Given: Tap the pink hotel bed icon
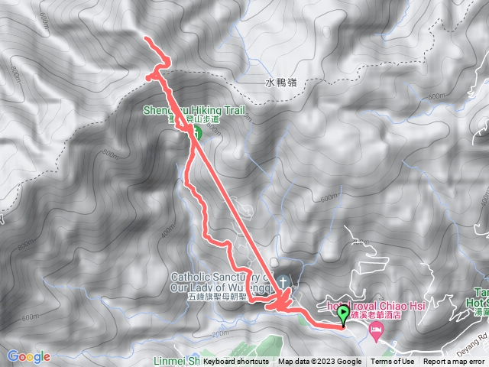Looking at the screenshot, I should [376, 330].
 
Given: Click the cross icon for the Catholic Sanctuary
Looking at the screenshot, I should [283, 281].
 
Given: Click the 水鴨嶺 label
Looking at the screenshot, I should [281, 83].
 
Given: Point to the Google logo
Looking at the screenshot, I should [28, 356].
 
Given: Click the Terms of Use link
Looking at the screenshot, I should [393, 362].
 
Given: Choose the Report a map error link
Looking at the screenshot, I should [455, 362].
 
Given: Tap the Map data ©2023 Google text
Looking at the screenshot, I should [320, 362].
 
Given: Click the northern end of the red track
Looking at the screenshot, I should [146, 38].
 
